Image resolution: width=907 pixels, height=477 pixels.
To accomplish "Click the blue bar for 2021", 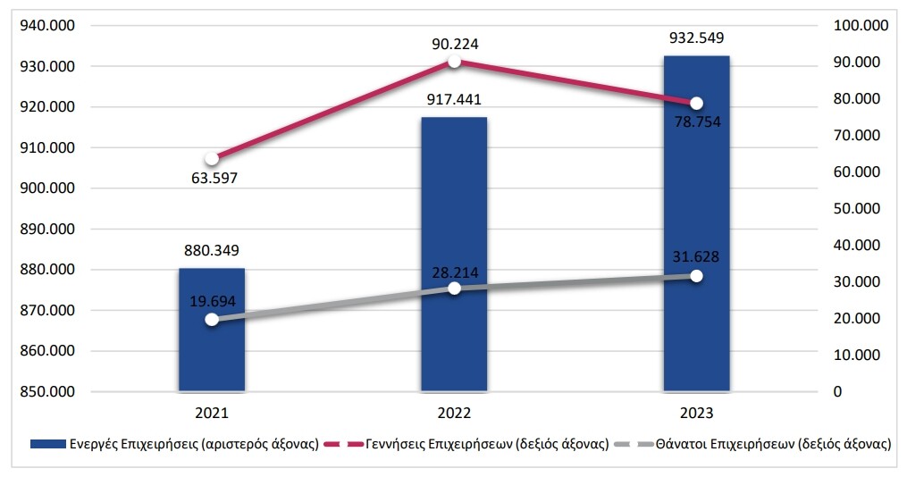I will (x=212, y=357).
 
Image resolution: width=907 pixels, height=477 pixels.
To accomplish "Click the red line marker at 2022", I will (x=454, y=61).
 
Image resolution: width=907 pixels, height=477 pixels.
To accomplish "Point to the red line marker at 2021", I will (x=212, y=159).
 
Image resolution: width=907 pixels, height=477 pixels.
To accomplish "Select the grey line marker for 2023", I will (x=696, y=276).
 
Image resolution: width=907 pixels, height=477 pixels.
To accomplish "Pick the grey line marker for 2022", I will (x=454, y=288).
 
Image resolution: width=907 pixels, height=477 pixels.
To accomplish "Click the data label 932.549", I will (x=696, y=38).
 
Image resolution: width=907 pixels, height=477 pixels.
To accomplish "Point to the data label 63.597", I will (x=212, y=178).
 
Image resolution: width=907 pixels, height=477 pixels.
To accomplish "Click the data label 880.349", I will (x=212, y=250).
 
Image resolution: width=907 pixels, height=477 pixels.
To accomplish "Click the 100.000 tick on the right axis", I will (x=859, y=26).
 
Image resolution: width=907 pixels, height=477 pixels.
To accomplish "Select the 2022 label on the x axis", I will (x=454, y=414).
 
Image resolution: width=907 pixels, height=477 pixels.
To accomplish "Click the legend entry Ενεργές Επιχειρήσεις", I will (x=175, y=444).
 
